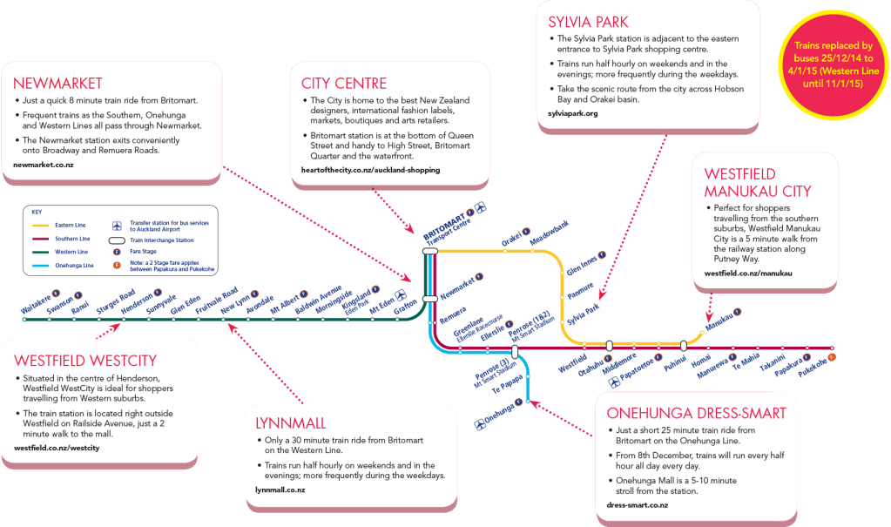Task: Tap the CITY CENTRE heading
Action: tap(344, 84)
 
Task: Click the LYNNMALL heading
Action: tap(291, 423)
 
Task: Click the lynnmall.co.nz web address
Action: tap(280, 490)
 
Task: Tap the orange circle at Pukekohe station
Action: tap(833, 357)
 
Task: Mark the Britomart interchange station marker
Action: tap(429, 251)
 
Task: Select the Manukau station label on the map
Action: tap(716, 321)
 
